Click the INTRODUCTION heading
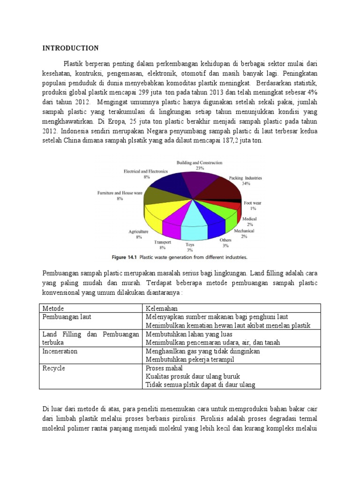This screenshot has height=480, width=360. pyautogui.click(x=70, y=48)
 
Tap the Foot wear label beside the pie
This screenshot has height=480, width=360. pyautogui.click(x=253, y=203)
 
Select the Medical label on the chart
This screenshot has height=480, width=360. pyautogui.click(x=249, y=219)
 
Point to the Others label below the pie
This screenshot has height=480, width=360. pyautogui.click(x=225, y=240)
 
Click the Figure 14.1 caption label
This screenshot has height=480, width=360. pyautogui.click(x=126, y=257)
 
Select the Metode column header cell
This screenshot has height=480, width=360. pyautogui.click(x=53, y=308)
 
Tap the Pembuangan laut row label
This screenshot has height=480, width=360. pyautogui.click(x=67, y=317)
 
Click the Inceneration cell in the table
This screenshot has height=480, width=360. pyautogui.click(x=60, y=351)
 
